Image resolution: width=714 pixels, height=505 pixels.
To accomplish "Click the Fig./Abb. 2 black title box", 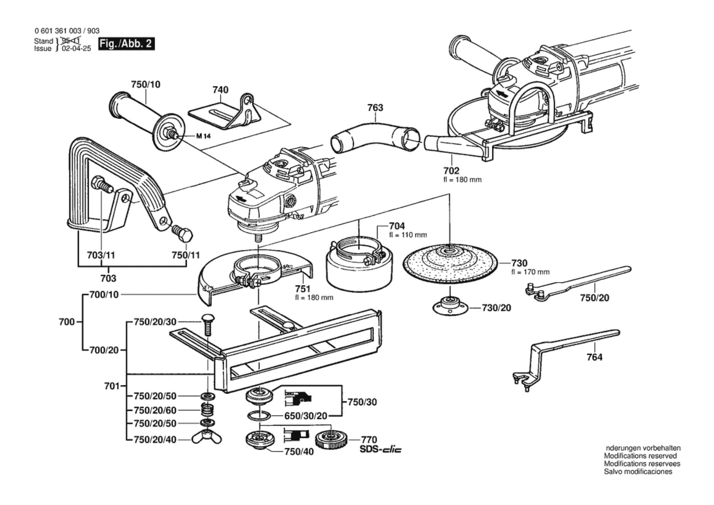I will tap(126, 44).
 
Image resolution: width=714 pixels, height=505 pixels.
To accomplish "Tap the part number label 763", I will tap(375, 108).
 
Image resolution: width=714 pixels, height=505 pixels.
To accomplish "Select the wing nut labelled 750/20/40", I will tap(207, 439).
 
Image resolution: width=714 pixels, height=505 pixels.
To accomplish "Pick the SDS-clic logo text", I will tap(380, 450).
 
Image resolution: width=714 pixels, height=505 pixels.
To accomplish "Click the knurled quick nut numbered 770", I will tap(331, 440).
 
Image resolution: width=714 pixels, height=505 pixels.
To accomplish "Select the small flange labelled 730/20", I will tap(450, 306).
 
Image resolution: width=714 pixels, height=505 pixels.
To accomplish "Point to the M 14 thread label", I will tap(203, 136).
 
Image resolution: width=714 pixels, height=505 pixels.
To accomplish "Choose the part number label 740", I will tap(220, 90).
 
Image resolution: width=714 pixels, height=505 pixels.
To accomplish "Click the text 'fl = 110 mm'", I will tap(408, 235).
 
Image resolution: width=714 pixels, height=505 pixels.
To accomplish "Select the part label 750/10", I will tap(146, 84).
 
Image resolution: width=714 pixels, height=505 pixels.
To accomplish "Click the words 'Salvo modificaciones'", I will tap(638, 471).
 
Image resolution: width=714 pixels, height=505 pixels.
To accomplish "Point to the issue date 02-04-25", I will tap(76, 48).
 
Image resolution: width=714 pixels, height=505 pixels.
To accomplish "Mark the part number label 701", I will tap(112, 386).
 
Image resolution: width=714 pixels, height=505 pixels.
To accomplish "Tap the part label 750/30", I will tap(362, 402).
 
